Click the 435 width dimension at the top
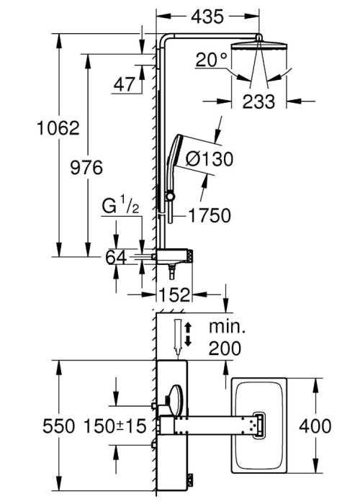tap(207, 17)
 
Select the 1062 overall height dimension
tap(58, 128)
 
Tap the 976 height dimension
tap(86, 168)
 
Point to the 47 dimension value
tap(125, 84)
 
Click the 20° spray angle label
tap(212, 60)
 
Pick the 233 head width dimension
tap(258, 102)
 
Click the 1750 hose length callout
tap(210, 215)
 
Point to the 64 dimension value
tap(116, 257)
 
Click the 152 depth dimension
tap(174, 294)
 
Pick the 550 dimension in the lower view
tap(59, 426)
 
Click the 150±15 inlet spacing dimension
tap(114, 426)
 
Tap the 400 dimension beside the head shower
tap(315, 426)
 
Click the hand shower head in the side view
tap(175, 151)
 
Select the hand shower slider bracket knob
tap(169, 196)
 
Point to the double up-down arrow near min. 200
tap(189, 335)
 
